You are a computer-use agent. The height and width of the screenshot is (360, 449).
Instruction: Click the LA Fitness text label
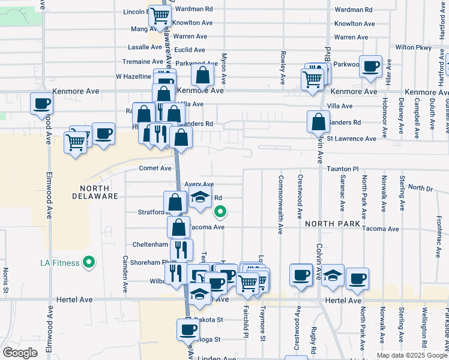click(61, 263)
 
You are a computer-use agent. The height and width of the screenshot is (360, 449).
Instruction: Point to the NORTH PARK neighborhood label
click(332, 224)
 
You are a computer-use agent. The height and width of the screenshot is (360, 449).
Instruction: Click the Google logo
click(20, 353)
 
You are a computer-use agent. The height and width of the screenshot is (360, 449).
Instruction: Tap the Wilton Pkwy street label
click(414, 47)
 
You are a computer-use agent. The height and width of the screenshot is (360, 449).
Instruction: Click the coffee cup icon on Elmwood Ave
click(42, 103)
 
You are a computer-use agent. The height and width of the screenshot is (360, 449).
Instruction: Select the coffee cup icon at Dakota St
click(188, 329)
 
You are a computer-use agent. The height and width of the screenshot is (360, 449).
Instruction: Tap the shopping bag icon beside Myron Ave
click(203, 76)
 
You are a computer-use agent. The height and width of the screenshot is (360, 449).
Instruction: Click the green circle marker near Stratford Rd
click(220, 211)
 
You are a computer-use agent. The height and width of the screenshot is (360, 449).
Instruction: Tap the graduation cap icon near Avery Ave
click(200, 197)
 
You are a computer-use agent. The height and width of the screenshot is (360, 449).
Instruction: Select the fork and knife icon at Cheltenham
click(181, 249)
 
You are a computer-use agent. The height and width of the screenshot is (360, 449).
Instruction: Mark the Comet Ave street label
click(155, 169)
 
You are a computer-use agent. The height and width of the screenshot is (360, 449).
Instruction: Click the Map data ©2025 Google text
click(412, 355)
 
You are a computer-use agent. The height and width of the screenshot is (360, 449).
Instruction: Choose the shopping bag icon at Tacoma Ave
click(179, 227)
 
